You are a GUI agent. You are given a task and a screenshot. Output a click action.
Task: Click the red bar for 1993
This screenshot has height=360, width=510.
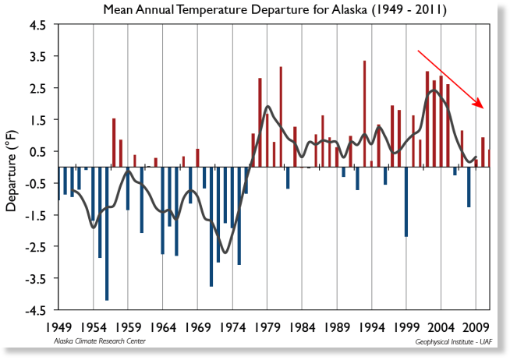[365, 114]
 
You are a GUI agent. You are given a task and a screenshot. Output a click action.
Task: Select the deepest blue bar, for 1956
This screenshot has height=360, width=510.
[107, 234]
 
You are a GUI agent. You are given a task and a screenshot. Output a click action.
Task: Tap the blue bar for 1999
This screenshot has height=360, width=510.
[406, 202]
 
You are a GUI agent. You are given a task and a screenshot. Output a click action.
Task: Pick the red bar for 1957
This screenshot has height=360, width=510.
[114, 143]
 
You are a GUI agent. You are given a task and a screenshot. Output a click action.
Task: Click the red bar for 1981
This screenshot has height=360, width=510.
[281, 117]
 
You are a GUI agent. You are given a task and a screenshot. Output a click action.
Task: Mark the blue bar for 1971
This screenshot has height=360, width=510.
[211, 227]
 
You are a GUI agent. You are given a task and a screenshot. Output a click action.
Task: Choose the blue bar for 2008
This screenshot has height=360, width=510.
[469, 187]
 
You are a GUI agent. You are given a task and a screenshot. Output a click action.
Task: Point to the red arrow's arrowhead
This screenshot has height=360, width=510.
[479, 104]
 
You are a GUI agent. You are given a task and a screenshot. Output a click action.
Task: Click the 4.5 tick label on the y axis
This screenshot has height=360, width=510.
[37, 26]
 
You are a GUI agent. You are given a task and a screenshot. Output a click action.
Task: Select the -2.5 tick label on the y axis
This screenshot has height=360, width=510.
[35, 246]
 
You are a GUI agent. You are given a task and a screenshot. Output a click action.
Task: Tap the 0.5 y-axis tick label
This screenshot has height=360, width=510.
[37, 151]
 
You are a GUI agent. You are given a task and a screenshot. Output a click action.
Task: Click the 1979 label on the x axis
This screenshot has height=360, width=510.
[267, 327]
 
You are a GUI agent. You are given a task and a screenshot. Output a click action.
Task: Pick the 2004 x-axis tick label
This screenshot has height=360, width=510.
[441, 327]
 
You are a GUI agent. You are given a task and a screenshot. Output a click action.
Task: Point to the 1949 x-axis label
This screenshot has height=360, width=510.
[58, 327]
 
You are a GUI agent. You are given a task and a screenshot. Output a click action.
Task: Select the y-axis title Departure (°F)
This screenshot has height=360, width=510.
[12, 171]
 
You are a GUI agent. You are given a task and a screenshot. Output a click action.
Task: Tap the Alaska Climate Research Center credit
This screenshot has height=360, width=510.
[100, 341]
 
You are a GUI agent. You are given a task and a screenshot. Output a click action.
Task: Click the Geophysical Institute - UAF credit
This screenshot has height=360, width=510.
[454, 342]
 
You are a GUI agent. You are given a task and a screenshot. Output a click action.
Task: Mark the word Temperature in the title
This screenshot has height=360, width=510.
[213, 10]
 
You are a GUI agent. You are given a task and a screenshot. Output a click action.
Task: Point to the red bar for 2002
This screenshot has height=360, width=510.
[427, 119]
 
